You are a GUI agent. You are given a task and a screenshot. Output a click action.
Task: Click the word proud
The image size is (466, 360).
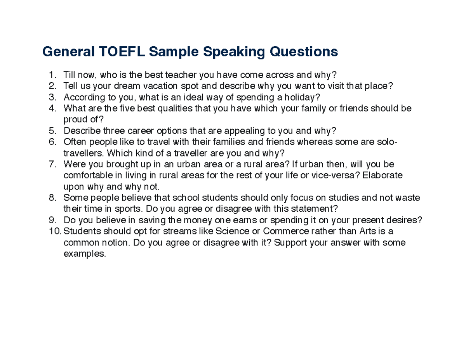click(x=73, y=120)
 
